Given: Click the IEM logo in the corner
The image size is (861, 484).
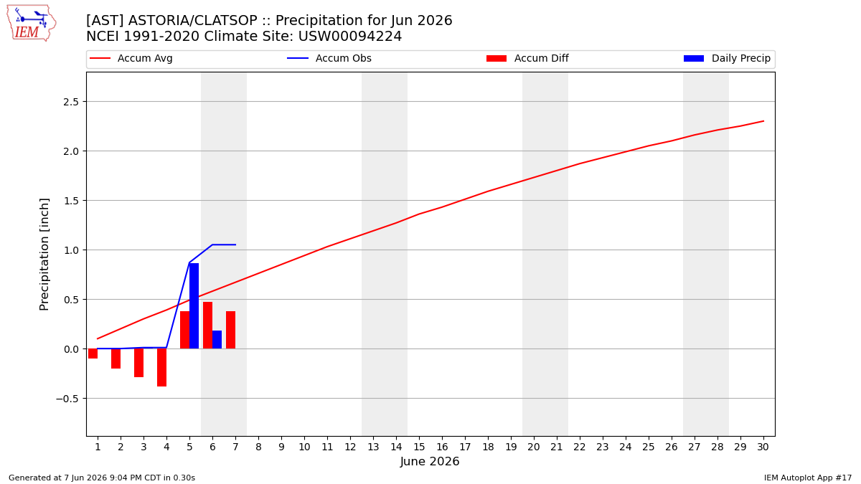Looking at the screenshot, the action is point(32,24).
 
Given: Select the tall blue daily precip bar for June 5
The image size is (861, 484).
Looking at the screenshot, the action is point(194,306).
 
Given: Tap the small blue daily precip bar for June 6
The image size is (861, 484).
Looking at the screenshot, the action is point(217,340).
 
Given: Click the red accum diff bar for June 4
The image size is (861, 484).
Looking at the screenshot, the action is point(162,368).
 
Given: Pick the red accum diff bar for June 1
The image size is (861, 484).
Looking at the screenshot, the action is point(93,353).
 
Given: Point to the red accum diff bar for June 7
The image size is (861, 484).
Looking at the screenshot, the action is point(230,330).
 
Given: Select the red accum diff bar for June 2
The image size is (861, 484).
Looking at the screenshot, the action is point(116,359).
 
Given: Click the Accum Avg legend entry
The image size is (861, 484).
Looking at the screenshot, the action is point(131,58).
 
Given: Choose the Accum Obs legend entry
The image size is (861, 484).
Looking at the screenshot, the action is point(329,58).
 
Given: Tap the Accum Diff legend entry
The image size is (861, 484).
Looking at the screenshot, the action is point(527,58).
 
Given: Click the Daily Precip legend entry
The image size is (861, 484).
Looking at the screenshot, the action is point(728,58).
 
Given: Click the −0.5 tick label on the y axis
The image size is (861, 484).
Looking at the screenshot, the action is point(67,399).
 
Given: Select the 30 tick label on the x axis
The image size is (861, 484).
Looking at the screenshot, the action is point(763,447).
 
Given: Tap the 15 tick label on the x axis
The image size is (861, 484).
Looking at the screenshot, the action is point(419,447).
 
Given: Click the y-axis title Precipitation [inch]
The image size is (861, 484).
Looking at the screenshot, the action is point(44,255).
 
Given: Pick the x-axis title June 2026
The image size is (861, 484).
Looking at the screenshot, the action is point(430,461).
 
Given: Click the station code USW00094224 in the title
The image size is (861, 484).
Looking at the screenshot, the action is point(350,36).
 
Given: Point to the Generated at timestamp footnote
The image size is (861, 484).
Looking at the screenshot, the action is point(102,478).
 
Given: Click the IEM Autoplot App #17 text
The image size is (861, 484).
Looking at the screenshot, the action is point(808,478).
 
